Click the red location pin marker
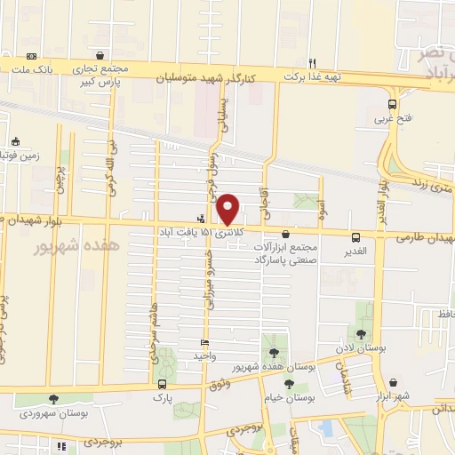228,209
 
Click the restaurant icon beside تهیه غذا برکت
312,62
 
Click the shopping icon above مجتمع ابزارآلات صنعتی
284,234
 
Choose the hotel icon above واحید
205,343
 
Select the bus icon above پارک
161,384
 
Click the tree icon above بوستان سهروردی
53,400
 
